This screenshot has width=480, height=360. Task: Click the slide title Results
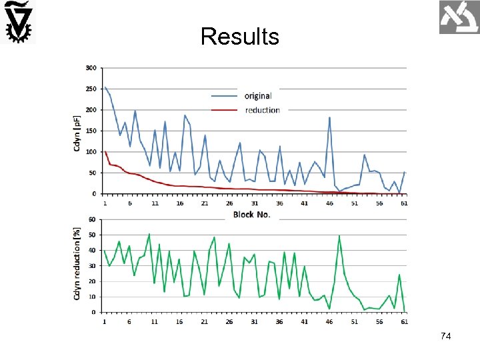pos(239,36)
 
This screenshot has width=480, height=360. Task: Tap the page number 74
pos(446,337)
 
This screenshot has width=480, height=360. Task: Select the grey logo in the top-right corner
pos(459,17)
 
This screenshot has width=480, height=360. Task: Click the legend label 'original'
pos(258,96)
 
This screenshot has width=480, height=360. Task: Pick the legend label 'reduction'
pos(262,110)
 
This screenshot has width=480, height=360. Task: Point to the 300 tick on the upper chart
pos(91,68)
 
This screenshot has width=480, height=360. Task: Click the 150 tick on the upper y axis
pos(91,131)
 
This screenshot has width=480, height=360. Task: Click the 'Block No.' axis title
pos(252,215)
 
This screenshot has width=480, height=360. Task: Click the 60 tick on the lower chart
pos(92,219)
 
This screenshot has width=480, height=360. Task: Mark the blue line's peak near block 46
pos(329,118)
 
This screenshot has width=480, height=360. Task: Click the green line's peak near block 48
pos(339,236)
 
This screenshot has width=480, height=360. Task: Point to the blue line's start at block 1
pos(105,87)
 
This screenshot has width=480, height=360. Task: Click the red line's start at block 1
pos(105,151)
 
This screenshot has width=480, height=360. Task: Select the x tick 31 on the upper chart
pos(255,203)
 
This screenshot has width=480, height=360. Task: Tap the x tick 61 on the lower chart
pos(405,321)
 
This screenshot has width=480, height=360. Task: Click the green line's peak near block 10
pos(149,234)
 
